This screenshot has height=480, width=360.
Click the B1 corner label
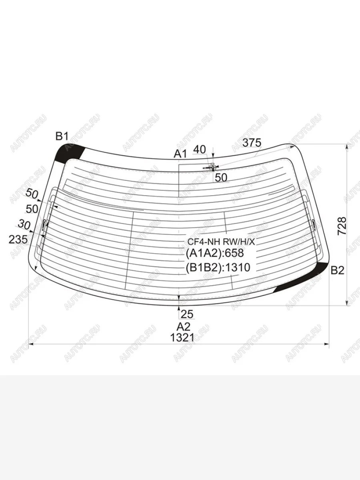[62, 136]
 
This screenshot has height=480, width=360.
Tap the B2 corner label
[338, 270]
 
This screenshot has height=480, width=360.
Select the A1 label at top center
[180, 154]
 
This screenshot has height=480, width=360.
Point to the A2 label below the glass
[184, 327]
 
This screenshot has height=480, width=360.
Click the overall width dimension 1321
[182, 338]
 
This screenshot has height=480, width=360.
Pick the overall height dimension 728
[342, 226]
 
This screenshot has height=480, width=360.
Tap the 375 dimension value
[252, 143]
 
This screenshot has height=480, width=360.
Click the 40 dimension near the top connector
[200, 150]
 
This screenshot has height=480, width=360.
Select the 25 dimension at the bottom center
[187, 314]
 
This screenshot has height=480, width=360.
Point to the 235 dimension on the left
[18, 239]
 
